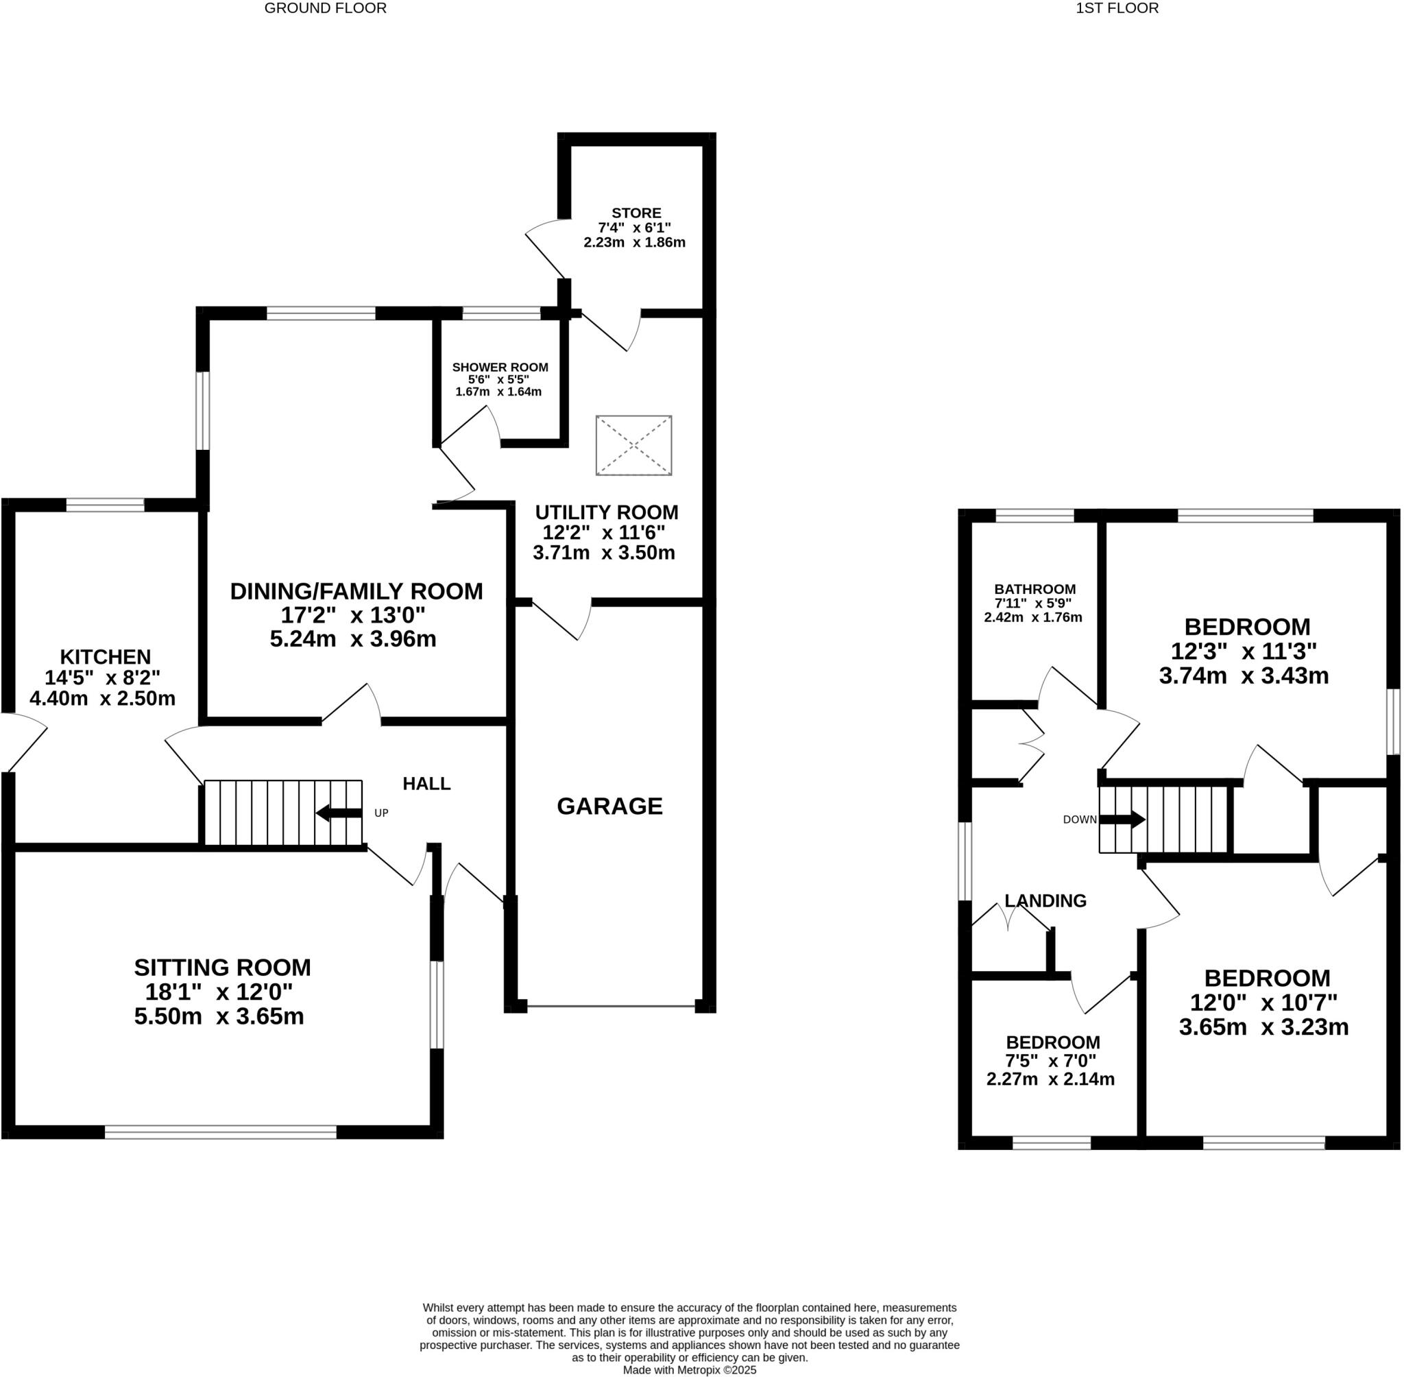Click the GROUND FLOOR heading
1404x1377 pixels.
[326, 9]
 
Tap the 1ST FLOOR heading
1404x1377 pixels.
[1117, 9]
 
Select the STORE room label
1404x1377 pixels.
[636, 213]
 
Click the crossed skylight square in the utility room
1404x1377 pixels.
[634, 446]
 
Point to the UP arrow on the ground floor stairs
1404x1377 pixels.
[339, 813]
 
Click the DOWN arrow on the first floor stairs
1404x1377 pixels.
[1122, 819]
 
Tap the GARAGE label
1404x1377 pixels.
[609, 806]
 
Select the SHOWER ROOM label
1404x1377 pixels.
[500, 368]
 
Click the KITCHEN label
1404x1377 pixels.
[106, 657]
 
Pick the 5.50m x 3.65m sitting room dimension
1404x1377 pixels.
[219, 1016]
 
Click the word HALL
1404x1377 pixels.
[426, 783]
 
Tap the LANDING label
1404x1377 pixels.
[1045, 900]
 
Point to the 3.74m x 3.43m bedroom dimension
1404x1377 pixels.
[1244, 675]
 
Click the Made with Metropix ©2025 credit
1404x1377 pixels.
[690, 1369]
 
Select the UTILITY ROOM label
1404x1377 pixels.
[607, 512]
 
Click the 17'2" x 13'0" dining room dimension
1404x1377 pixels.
[353, 615]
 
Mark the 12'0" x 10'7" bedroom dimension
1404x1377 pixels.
[1263, 1003]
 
